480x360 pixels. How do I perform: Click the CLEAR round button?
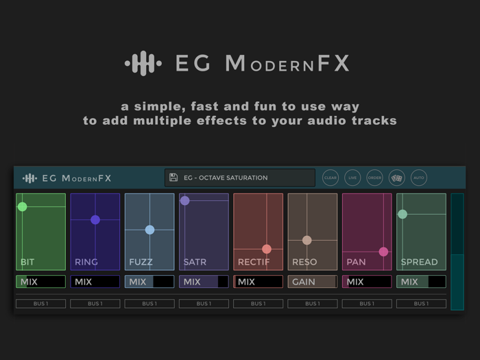point(331,178)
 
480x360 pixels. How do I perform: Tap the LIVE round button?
point(352,178)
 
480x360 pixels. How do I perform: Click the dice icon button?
point(396,178)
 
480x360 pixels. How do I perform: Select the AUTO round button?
point(419,178)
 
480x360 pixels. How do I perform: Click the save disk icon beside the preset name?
point(173,178)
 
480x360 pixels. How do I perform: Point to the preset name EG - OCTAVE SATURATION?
point(226,178)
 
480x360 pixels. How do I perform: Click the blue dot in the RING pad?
point(95,219)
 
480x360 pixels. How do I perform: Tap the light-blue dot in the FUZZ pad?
point(149,230)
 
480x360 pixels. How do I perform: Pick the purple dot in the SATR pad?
point(185,201)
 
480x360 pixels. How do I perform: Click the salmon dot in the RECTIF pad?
point(267,249)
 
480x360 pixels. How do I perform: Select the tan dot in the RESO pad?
point(307,240)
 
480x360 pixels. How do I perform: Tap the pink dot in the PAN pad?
point(383,252)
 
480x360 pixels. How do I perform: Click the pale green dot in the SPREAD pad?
point(403,214)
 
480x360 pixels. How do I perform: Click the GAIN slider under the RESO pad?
point(312,282)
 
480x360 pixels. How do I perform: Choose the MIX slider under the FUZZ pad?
point(149,282)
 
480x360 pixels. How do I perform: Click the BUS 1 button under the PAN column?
point(367,304)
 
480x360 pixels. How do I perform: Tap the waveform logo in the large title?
point(143,64)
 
